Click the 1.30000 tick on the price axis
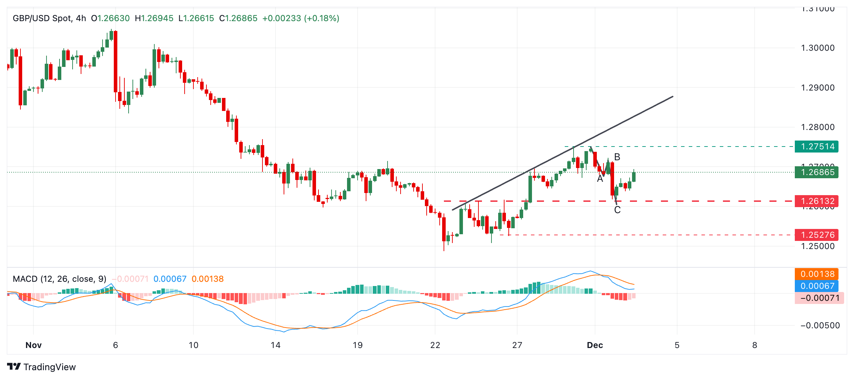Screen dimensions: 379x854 pos(817,48)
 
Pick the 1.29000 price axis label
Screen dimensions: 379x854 pos(817,88)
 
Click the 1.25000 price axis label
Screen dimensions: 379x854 pos(817,246)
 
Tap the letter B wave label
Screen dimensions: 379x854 pos(617,157)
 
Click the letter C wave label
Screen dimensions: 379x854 pos(617,210)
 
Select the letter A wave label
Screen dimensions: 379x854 pos(600,179)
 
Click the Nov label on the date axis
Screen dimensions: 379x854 pos(33,345)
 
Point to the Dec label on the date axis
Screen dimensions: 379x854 pos(595,345)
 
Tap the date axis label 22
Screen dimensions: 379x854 pos(435,345)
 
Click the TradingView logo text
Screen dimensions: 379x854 pos(49,367)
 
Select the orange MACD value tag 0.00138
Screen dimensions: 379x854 pos(817,274)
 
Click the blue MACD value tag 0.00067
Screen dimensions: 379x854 pos(817,286)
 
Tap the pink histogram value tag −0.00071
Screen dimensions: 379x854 pos(819,298)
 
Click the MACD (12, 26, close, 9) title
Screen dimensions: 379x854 pos(60,279)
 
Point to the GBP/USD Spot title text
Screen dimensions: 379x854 pos(42,18)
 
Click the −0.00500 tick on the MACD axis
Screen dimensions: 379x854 pos(819,325)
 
